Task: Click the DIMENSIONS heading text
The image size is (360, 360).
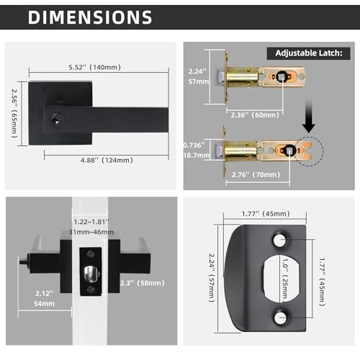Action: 90,17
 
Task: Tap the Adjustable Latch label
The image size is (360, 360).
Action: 309,53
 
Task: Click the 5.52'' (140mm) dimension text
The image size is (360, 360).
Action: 95,67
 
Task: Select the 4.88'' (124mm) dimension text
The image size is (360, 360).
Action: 107,160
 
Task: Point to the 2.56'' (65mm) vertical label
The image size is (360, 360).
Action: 15,113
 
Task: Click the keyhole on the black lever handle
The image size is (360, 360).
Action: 57,120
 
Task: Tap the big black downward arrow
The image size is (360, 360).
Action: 309,116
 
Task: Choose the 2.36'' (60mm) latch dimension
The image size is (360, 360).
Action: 255,115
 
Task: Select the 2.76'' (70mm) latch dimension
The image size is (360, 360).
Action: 256,174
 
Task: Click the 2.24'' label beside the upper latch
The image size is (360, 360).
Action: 197,71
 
